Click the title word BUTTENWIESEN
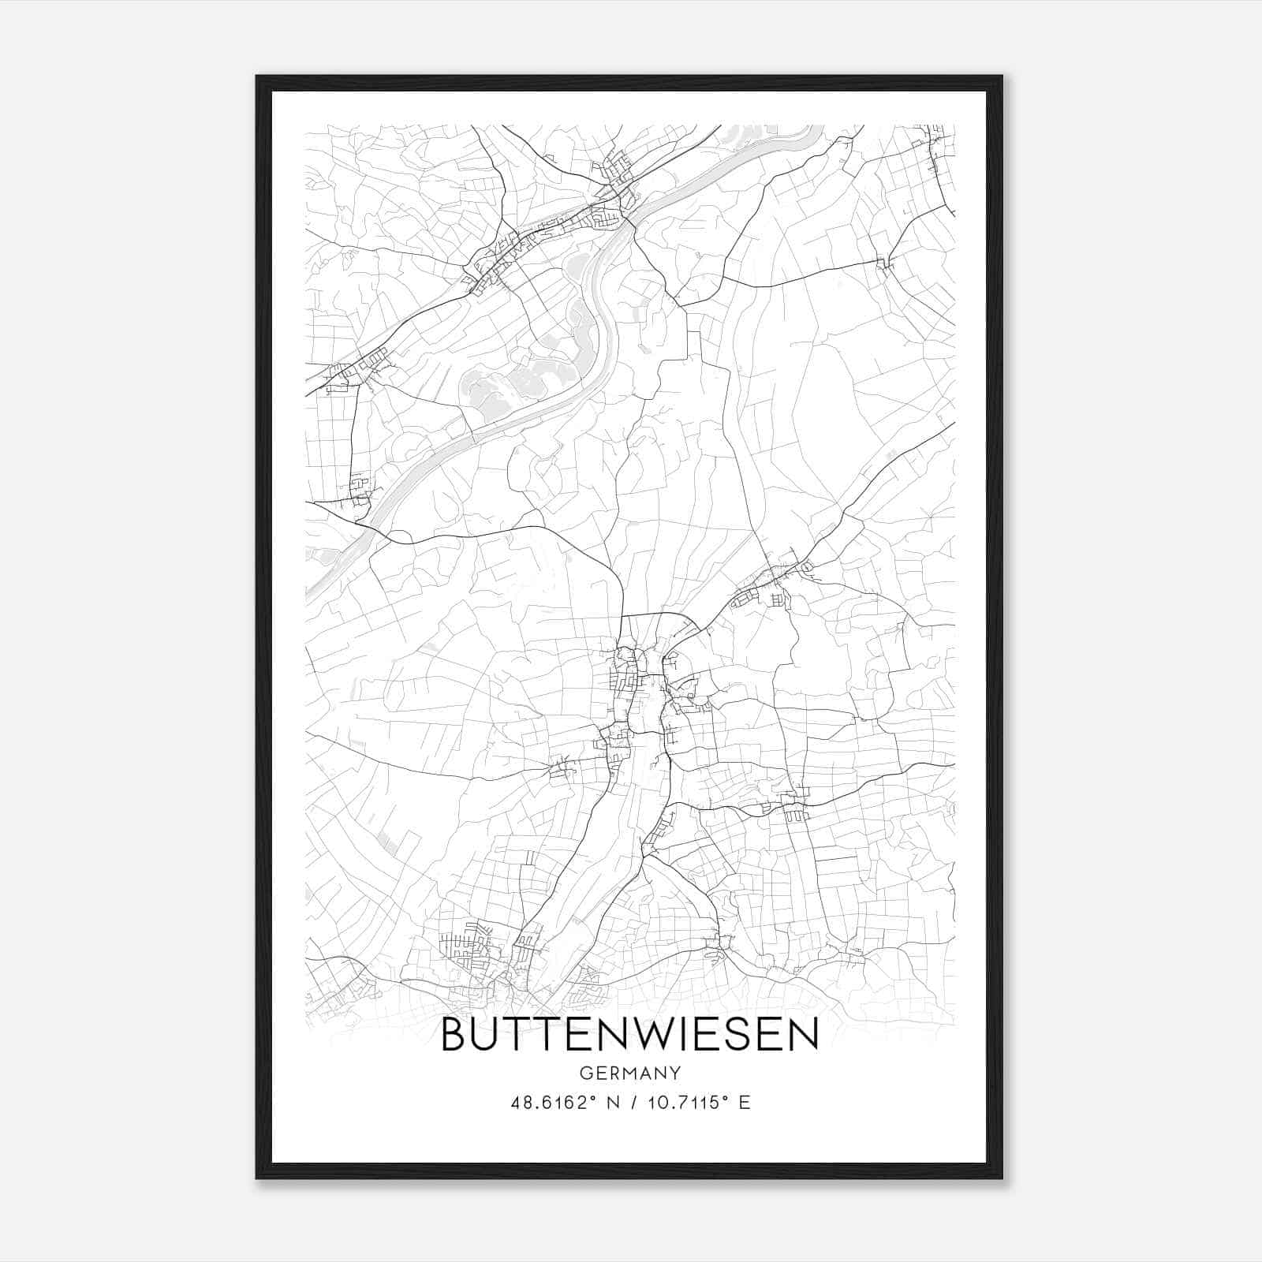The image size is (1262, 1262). pos(629,1035)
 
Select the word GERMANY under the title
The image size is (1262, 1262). pos(629,1073)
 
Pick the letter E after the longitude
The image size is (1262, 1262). pos(745,1102)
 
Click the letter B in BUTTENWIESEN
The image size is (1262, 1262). pos(454,1035)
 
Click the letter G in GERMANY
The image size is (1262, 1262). pos(585,1073)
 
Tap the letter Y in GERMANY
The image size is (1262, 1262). pos(675,1073)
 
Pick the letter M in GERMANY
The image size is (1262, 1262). pos(630,1073)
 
